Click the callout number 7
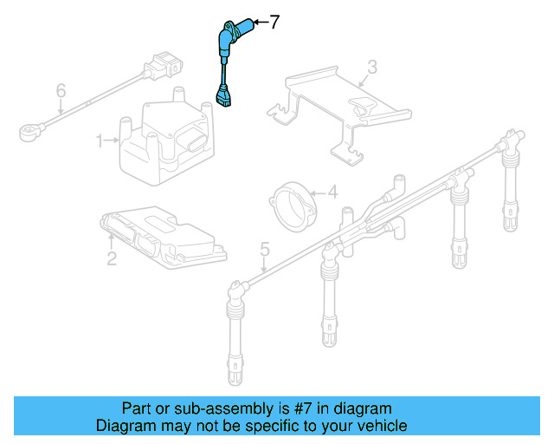point(274,23)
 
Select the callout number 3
point(371,66)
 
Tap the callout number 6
point(61,90)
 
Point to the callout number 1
point(100,139)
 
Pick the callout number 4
point(332,193)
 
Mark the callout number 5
point(265,251)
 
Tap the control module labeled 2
point(160,235)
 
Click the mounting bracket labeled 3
point(342,108)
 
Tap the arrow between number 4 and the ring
point(317,193)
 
